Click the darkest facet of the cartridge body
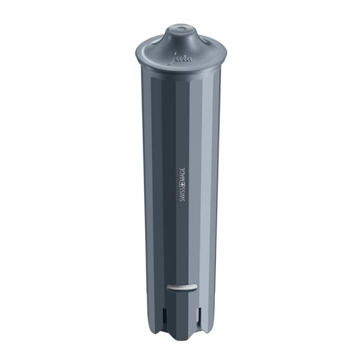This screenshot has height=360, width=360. [x=165, y=180]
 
